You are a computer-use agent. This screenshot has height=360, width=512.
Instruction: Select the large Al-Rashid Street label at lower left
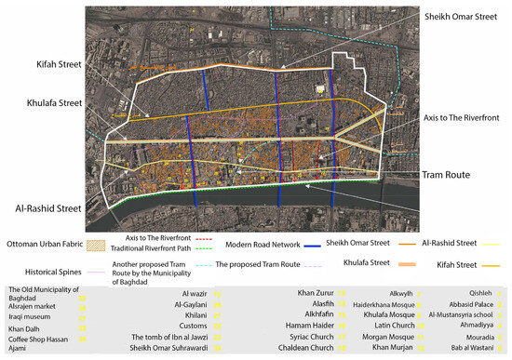pyautogui.click(x=42, y=209)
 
